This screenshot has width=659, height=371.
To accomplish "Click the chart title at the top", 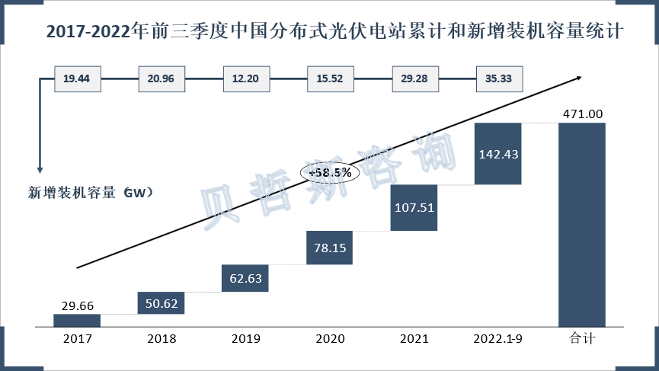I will [335, 32].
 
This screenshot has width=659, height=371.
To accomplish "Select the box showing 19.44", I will [77, 78].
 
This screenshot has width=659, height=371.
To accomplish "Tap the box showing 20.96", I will [161, 78].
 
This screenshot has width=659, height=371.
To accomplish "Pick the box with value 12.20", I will [245, 78].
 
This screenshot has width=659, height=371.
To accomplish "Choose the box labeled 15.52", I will [329, 78].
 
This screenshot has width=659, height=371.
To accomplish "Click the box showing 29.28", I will [414, 78].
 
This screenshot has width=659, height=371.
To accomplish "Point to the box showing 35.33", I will [497, 78].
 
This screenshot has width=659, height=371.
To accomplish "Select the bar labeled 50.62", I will [161, 303].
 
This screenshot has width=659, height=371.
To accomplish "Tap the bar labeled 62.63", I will [245, 278].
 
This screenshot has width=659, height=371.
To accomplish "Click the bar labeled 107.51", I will [414, 207].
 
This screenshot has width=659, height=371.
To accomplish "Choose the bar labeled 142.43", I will [497, 154].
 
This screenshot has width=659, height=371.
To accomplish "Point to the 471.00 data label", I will [582, 114].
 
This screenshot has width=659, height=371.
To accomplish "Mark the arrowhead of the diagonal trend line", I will [581, 76].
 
